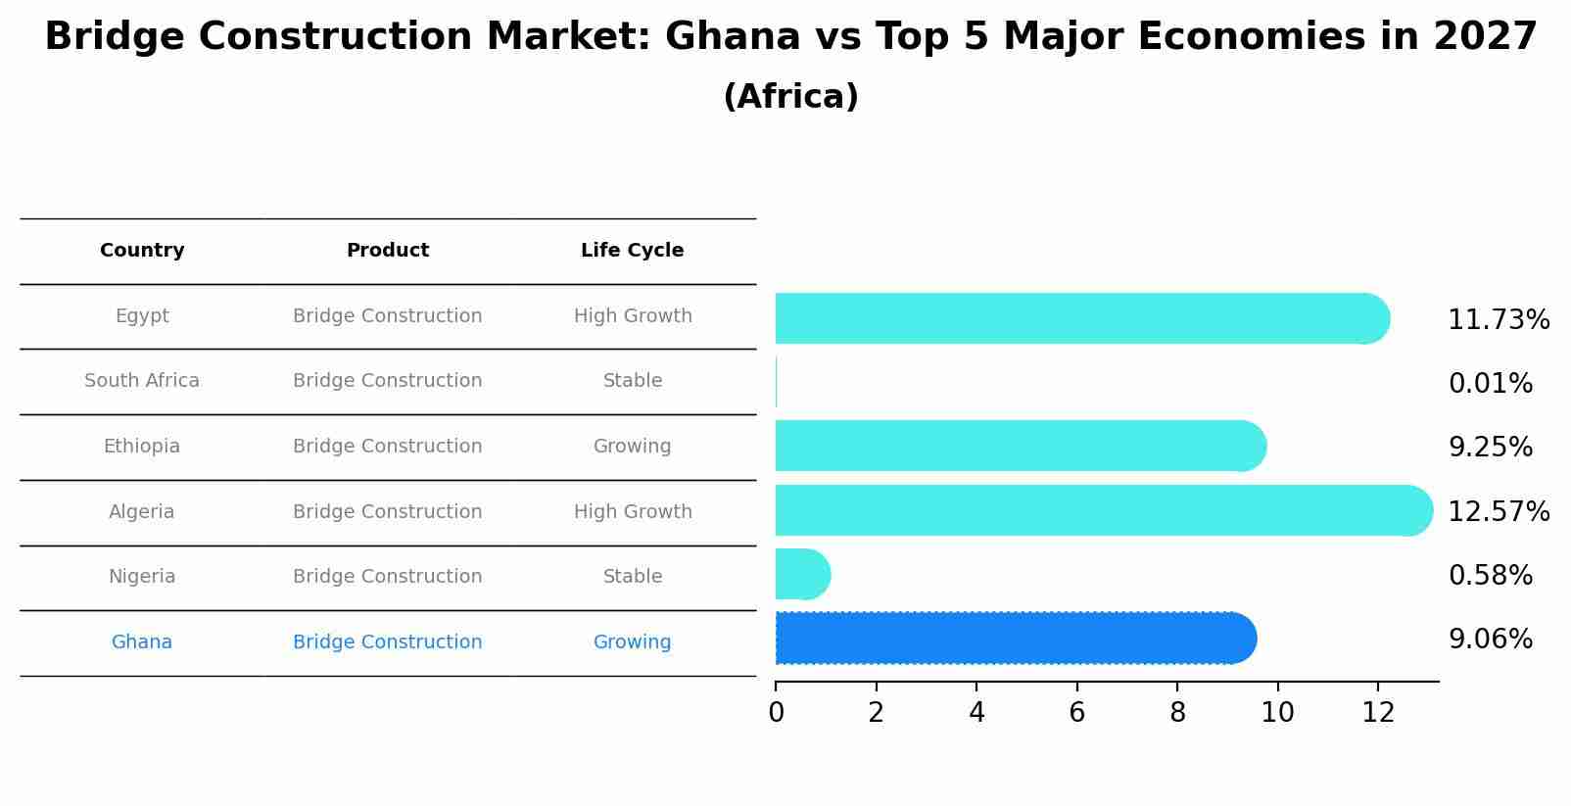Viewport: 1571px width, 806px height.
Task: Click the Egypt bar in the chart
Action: (1077, 318)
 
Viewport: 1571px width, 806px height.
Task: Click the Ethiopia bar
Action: (1019, 446)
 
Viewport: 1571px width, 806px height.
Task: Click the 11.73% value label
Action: (1498, 320)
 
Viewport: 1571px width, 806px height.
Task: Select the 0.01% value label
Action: (1490, 384)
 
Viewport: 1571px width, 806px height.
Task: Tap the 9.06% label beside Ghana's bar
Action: (1490, 640)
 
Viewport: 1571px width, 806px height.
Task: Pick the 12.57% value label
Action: (1498, 512)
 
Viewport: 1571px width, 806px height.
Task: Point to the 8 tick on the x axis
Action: (1177, 713)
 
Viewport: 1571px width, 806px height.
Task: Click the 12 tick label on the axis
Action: (1377, 713)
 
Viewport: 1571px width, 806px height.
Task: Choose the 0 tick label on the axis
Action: (776, 713)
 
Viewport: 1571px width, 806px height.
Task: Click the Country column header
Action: (142, 251)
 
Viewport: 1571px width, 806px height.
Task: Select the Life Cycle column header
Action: (632, 251)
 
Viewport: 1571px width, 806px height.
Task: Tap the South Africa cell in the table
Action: (142, 381)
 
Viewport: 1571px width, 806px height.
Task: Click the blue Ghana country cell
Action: (142, 642)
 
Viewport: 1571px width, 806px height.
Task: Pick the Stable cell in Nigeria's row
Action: (632, 577)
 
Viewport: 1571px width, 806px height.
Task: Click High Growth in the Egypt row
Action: (632, 316)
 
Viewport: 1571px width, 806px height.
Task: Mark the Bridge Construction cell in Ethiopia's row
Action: (387, 447)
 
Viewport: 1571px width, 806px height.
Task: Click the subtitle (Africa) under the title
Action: (790, 97)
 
